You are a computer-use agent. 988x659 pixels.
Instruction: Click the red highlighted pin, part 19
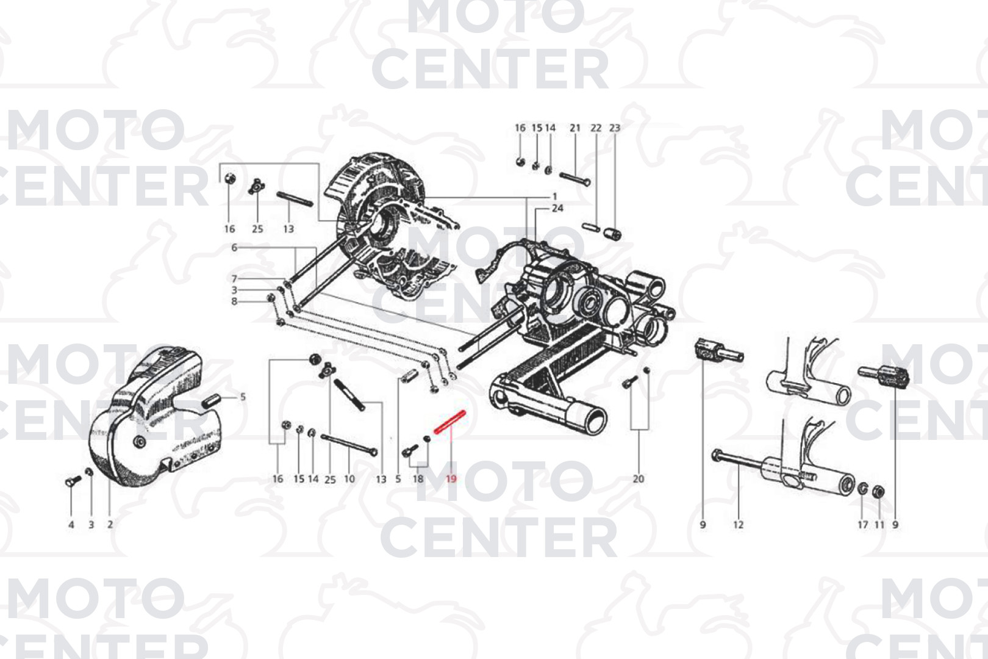click(449, 422)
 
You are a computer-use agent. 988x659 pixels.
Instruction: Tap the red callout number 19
click(451, 479)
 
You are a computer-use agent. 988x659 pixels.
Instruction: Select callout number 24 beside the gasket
click(557, 208)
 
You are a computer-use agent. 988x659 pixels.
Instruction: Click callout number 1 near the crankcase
click(554, 196)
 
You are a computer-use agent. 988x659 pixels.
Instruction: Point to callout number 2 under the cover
click(110, 524)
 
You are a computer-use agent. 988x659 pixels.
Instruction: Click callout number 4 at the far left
click(71, 525)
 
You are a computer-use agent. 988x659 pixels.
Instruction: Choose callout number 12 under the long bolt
click(739, 525)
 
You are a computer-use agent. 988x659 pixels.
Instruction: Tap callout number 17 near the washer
click(863, 525)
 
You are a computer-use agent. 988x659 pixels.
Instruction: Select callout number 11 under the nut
click(879, 525)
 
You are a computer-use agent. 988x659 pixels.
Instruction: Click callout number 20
click(639, 479)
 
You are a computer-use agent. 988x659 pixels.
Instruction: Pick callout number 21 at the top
click(575, 128)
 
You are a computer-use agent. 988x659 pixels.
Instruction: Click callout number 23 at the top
click(615, 128)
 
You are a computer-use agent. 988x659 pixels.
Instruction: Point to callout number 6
click(234, 248)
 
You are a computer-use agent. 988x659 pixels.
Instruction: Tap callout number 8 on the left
click(234, 301)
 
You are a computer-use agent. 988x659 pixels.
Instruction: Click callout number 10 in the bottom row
click(349, 479)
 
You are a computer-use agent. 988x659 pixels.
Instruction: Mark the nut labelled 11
click(878, 491)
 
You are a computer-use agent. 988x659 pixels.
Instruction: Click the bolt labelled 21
click(575, 179)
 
